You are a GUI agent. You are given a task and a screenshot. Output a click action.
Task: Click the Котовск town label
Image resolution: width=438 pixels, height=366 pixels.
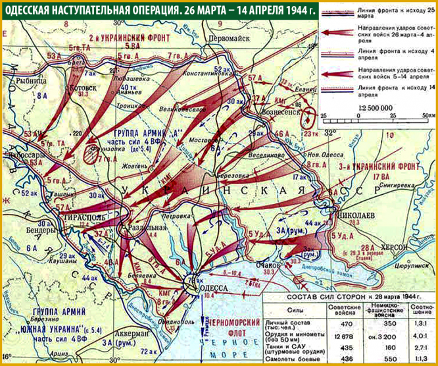pyautogui.click(x=82, y=86)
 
